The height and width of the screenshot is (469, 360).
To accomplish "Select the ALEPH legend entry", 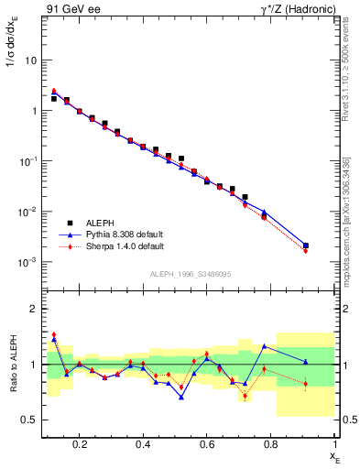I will click(100, 222).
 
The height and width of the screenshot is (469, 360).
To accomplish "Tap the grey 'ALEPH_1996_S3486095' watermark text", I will click(191, 274).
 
